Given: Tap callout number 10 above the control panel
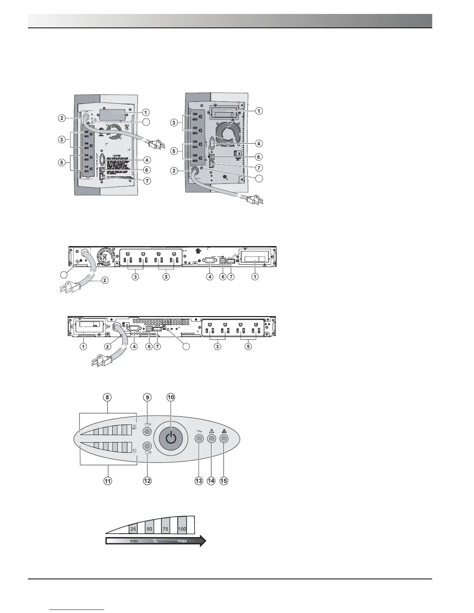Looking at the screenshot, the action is pyautogui.click(x=171, y=397).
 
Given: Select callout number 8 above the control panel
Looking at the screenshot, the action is pyautogui.click(x=108, y=397).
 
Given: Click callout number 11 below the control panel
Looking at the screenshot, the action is pyautogui.click(x=108, y=481).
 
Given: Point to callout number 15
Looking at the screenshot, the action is pyautogui.click(x=223, y=481).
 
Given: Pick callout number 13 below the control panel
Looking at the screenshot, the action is pyautogui.click(x=199, y=481).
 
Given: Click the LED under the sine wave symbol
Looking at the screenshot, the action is pyautogui.click(x=199, y=439).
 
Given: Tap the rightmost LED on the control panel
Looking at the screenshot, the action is pyautogui.click(x=224, y=439).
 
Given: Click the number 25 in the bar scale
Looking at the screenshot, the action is pyautogui.click(x=133, y=529).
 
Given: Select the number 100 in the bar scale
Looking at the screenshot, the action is pyautogui.click(x=182, y=529).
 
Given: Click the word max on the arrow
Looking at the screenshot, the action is pyautogui.click(x=182, y=541).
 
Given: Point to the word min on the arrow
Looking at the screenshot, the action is pyautogui.click(x=134, y=541).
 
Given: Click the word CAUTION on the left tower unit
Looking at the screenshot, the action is pyautogui.click(x=117, y=156).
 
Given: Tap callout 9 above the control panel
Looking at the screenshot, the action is pyautogui.click(x=147, y=397).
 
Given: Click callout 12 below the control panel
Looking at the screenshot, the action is pyautogui.click(x=147, y=481).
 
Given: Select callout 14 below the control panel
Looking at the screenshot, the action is pyautogui.click(x=211, y=481).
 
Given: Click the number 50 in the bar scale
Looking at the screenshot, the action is pyautogui.click(x=149, y=529).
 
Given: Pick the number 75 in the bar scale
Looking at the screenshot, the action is pyautogui.click(x=165, y=529).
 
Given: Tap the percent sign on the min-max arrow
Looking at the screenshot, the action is pyautogui.click(x=155, y=541).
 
